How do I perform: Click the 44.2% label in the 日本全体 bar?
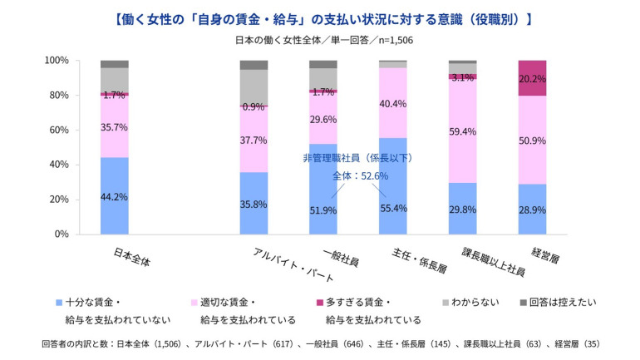click(115, 196)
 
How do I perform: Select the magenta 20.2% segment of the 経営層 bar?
click(532, 78)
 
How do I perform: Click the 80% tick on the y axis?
click(56, 96)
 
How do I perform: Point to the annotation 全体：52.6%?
click(361, 175)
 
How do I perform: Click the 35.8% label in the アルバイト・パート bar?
click(254, 203)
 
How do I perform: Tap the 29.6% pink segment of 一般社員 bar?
click(323, 119)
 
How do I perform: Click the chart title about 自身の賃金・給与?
click(319, 17)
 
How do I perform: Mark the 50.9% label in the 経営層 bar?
click(532, 140)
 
